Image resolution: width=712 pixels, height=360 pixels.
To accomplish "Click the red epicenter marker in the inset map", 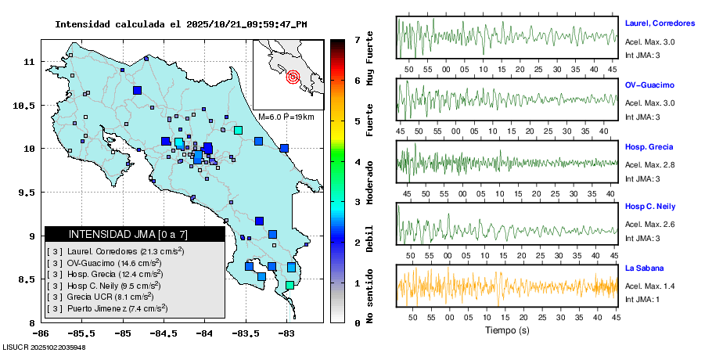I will click(293, 77).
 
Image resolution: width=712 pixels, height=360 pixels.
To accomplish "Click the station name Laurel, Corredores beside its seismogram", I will click(660, 24).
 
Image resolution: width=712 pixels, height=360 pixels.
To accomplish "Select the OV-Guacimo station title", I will click(649, 85).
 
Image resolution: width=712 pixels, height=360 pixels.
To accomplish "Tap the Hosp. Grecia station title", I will click(649, 147).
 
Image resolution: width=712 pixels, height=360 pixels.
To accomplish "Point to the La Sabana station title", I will click(643, 268).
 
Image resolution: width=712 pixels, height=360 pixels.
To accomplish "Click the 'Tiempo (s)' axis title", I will click(507, 330).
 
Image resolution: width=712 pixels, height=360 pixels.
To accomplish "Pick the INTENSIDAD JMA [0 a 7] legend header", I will click(128, 234).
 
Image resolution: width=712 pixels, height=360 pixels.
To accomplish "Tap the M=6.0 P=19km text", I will click(286, 117).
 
